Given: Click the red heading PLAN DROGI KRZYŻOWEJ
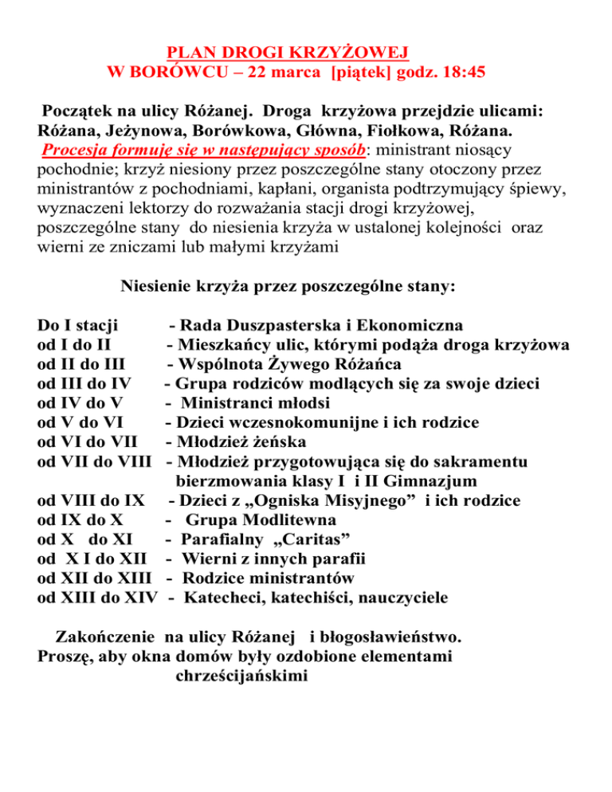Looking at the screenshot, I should click(289, 53).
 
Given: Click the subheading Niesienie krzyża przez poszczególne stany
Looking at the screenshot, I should click(286, 286).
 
